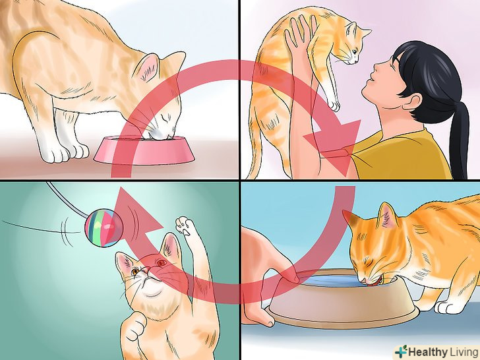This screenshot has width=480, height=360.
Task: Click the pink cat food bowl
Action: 144,150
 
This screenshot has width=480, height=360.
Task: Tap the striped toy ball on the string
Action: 104,227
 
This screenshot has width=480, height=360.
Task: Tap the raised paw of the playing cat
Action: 185,225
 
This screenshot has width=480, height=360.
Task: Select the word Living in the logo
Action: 463,351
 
